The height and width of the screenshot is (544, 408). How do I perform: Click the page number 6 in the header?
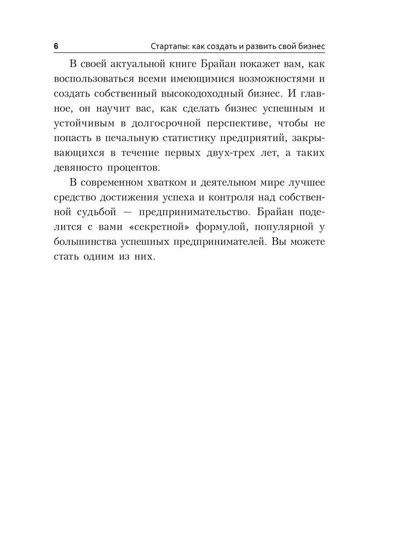56,47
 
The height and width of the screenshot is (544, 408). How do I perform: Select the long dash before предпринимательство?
127,213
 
